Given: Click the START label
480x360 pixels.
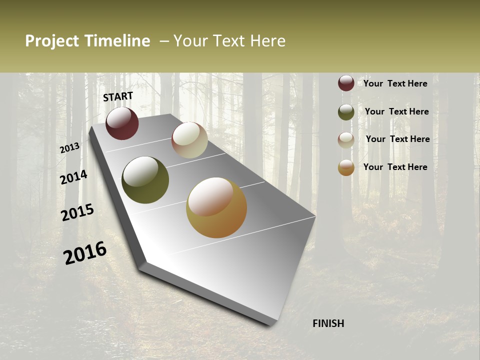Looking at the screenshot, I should coord(118,96).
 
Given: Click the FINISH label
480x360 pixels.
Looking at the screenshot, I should coord(328,323).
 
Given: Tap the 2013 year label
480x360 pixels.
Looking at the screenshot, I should coord(69,148).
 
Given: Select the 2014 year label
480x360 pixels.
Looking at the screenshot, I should coord(73,177).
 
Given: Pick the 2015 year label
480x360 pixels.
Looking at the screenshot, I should coord(77,212).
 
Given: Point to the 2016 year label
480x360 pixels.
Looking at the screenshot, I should coord(85,253).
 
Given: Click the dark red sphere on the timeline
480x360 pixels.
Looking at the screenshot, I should coord(122,123).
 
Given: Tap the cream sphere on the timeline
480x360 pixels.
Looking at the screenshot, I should coord(189,140).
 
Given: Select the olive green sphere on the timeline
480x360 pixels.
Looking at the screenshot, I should coord(145,180).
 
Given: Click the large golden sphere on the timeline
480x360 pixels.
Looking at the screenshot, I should coord(216,207).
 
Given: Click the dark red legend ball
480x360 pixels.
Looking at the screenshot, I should coord(346,83).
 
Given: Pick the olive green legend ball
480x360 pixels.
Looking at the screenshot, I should coord(346,112).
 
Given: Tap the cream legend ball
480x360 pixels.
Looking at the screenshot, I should coord(346,140).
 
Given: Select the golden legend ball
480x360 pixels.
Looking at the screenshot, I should coord(346,167).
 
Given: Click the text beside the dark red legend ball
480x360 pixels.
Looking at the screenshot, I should coord(395,83).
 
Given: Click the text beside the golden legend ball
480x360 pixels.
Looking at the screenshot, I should coord(395,167).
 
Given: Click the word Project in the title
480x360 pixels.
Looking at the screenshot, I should coord(51,41).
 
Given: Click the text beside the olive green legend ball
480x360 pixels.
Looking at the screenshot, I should coord(396,111).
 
